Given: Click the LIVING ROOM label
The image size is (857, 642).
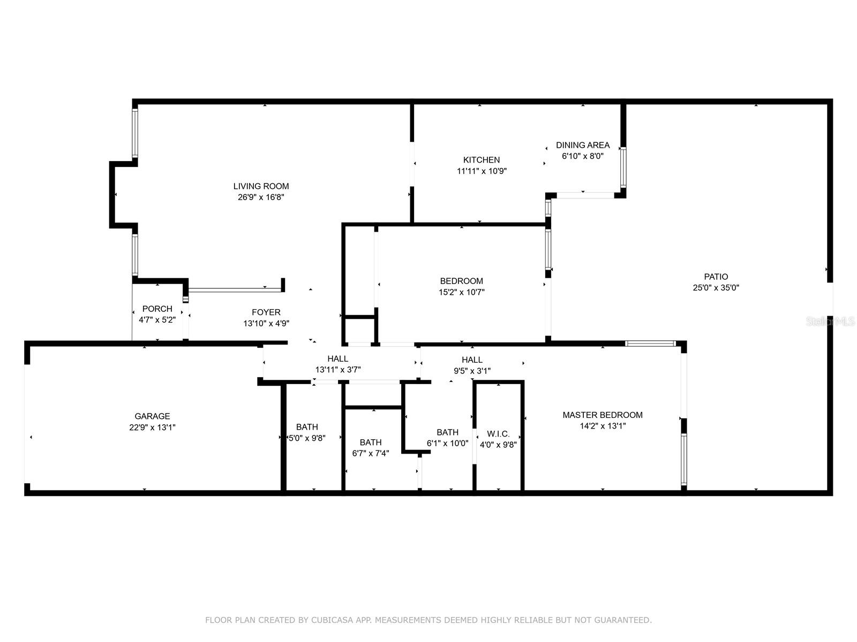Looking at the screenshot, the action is coord(261,186).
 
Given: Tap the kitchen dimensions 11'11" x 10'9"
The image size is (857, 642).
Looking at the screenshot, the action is coord(482,171).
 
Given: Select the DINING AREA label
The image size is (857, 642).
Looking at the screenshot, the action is coord(583,145).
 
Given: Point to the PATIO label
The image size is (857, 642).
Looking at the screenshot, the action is coord(716,277).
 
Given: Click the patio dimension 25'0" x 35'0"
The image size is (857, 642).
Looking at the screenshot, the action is coord(716,288).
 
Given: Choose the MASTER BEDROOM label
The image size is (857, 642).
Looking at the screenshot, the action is coord(603,415).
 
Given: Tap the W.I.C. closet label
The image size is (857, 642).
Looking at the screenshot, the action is coord(498,433).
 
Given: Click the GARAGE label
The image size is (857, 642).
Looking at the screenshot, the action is coord(152,416).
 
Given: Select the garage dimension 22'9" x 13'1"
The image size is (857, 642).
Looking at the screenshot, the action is coord(152,427).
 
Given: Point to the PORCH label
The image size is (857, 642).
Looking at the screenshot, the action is coord(157,309).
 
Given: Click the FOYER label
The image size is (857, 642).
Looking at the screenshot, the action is coord(266,312).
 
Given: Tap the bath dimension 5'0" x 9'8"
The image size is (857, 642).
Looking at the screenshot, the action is coord(307,438).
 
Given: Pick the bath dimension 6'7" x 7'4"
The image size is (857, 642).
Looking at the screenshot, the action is coord(371,453).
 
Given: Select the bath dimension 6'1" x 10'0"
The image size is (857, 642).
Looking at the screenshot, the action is coord(447,443).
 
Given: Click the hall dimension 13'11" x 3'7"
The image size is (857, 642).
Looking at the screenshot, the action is coord(338,370).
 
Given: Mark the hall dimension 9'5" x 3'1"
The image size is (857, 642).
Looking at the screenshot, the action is coord(472,371).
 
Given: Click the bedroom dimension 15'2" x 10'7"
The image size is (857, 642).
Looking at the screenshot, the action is coord(462,292).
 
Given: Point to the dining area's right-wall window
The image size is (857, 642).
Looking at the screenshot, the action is coord(623,167).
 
